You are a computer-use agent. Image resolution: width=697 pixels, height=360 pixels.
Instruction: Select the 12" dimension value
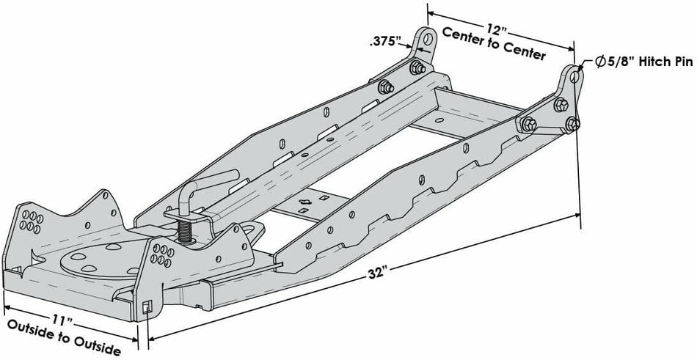coord(497,29)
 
